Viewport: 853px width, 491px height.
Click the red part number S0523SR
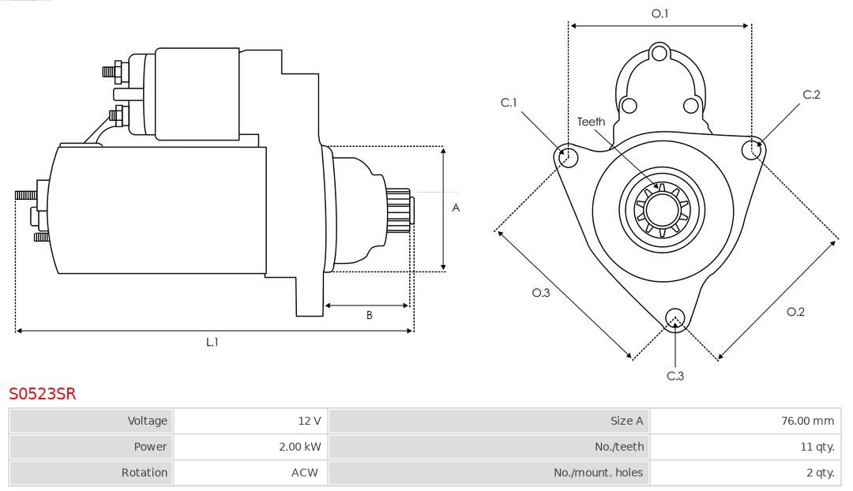pos(42,393)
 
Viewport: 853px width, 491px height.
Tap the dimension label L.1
pos(212,342)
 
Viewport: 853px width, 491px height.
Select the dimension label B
pos(369,315)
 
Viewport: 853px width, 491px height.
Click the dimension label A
pos(456,208)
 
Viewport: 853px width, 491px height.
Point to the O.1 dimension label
pos(659,13)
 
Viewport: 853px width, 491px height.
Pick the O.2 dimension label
pos(795,312)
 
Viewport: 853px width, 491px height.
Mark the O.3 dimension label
pos(540,293)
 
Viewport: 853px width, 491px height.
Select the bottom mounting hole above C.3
pos(675,317)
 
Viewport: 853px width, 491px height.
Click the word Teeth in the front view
pos(591,122)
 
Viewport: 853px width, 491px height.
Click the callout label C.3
pos(675,376)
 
